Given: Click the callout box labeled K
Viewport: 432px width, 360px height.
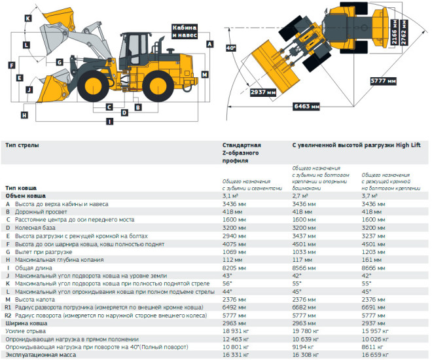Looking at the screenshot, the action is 28,18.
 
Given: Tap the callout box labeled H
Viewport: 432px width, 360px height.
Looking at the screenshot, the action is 24,115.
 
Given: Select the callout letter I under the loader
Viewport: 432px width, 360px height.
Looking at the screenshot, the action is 110,121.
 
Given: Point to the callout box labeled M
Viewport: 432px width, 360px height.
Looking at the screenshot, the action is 205,75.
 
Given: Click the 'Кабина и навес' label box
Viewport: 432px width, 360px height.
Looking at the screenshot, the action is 185,31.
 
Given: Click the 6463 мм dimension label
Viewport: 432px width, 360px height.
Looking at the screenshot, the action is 306,106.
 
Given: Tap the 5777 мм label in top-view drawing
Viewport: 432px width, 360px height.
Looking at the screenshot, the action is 383,81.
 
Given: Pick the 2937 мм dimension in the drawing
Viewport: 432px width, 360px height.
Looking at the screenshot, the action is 263,92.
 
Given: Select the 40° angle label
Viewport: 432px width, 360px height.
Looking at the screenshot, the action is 231,48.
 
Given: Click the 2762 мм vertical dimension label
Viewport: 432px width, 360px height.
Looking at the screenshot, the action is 404,33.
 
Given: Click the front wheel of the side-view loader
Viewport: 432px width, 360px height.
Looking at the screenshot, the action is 93,86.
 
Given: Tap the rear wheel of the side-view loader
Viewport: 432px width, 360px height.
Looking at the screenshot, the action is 158,86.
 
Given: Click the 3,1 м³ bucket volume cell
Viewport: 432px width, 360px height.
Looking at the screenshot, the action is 230,196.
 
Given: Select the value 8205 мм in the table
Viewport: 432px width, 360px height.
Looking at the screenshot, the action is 234,268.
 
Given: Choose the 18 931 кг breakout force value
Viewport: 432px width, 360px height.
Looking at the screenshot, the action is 236,331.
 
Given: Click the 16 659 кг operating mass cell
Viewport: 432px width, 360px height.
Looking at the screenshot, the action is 375,355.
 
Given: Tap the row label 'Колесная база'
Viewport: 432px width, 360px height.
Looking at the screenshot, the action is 35,228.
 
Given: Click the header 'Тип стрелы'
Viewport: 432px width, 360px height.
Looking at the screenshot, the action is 22,145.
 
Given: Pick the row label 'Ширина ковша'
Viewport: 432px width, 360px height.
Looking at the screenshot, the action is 26,323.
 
